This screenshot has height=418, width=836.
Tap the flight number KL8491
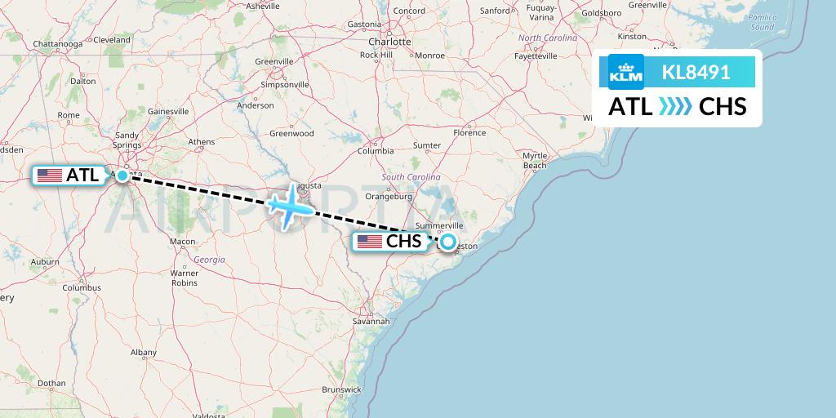point(696,72)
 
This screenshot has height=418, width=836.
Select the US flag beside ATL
point(50,175)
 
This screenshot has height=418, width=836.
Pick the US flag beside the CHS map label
point(370,241)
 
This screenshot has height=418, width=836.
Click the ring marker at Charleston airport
point(447,242)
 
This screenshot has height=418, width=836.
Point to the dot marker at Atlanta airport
point(122,175)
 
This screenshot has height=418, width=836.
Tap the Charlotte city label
point(389,41)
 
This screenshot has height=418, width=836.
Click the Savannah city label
point(371,321)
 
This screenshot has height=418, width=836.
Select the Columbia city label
point(376,151)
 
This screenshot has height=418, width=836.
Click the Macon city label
point(182,242)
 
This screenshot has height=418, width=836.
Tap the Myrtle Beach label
point(535,160)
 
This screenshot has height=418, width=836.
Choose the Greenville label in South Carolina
point(273,61)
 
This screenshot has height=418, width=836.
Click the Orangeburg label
point(389,196)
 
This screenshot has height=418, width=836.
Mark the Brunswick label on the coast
point(341,390)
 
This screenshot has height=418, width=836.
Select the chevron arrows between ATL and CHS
point(674,107)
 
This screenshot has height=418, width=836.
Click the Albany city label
point(143,352)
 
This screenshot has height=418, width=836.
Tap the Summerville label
point(439,225)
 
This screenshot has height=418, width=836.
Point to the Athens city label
point(201,141)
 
